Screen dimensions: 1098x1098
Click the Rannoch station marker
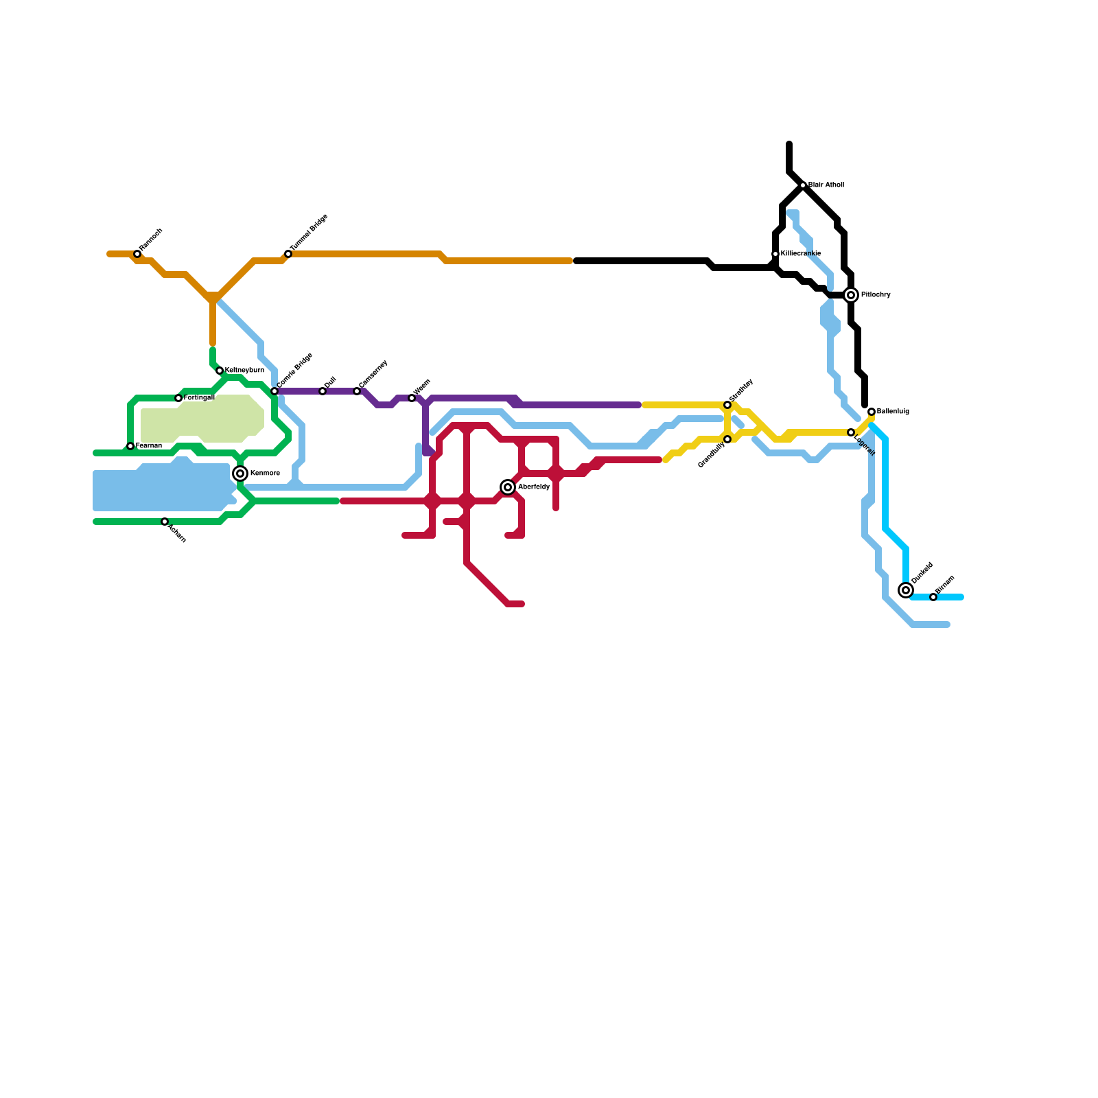137,254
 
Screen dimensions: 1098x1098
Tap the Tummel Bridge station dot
288,254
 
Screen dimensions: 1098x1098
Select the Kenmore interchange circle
240,474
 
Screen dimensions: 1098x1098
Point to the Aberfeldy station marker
508,487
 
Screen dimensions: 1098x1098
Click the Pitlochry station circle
851,295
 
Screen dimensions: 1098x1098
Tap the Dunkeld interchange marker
906,590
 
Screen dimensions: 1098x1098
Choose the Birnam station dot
933,597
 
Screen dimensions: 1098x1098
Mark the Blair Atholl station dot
803,185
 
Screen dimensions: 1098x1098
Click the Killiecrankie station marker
775,254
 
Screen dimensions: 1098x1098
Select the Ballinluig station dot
872,412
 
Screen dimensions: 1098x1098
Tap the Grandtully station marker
727,439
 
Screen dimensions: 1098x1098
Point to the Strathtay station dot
727,405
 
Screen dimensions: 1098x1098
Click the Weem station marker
412,398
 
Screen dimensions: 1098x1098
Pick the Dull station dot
323,391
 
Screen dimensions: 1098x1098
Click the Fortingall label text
199,398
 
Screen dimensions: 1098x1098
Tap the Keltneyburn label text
244,371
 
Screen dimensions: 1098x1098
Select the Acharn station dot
165,522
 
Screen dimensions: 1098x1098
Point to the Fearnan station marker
130,446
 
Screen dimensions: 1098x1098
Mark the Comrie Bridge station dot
274,391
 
